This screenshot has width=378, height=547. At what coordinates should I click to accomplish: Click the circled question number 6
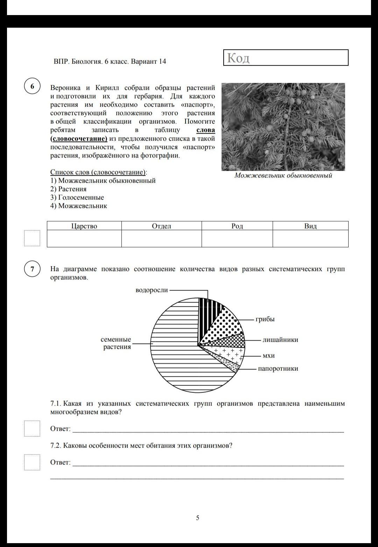tap(32, 86)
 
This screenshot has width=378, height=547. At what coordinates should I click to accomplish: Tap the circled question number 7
tap(32, 269)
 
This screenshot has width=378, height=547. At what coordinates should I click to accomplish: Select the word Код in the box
tap(238, 58)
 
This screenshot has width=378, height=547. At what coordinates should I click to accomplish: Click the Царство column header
tap(84, 226)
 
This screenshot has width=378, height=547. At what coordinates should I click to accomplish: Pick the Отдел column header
tap(161, 226)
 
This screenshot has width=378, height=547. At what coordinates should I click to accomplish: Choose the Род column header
tap(237, 226)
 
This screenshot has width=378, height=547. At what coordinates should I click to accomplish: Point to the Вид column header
tap(310, 226)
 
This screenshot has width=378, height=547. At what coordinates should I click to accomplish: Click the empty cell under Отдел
tap(161, 239)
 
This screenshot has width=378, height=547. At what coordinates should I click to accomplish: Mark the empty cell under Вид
tap(310, 239)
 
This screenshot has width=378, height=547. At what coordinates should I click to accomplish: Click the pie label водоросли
tap(152, 290)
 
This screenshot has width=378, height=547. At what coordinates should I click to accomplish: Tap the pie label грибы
tap(265, 319)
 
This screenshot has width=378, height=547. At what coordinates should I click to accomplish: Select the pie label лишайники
tap(280, 340)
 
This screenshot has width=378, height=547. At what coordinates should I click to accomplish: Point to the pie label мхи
tap(268, 356)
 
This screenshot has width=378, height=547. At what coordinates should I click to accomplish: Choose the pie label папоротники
tap(278, 369)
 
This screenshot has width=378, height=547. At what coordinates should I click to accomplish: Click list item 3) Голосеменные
tap(77, 197)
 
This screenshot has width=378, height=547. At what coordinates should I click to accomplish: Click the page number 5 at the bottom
tap(198, 518)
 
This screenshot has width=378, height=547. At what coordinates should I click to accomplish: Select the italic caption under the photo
tap(283, 176)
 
